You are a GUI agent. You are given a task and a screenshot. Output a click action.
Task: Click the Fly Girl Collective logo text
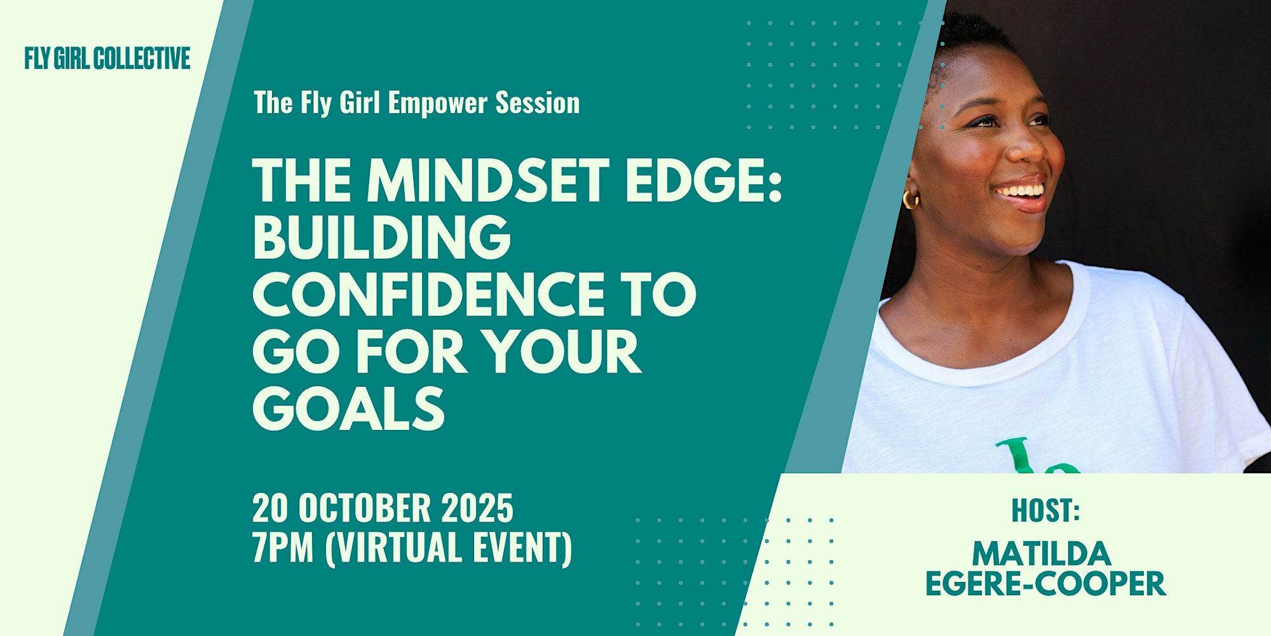coord(107,59)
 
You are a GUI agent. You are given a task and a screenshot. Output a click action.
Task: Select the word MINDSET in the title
coord(488,181)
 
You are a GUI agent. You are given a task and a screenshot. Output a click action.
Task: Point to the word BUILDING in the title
coord(382,237)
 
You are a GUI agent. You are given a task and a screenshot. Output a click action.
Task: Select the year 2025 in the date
coord(477,508)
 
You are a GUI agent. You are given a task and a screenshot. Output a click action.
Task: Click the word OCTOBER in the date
coord(365,508)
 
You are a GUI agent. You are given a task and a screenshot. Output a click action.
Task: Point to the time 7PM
coord(283,548)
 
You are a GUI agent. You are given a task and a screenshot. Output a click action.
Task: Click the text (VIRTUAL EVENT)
coord(449,548)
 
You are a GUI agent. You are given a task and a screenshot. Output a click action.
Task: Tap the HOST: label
coord(1045,511)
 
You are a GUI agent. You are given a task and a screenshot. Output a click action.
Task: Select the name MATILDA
coord(1042,554)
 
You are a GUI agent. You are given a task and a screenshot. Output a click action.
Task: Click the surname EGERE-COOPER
coord(1045,584)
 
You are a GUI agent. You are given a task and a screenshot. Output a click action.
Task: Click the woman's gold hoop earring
coord(911,199)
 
